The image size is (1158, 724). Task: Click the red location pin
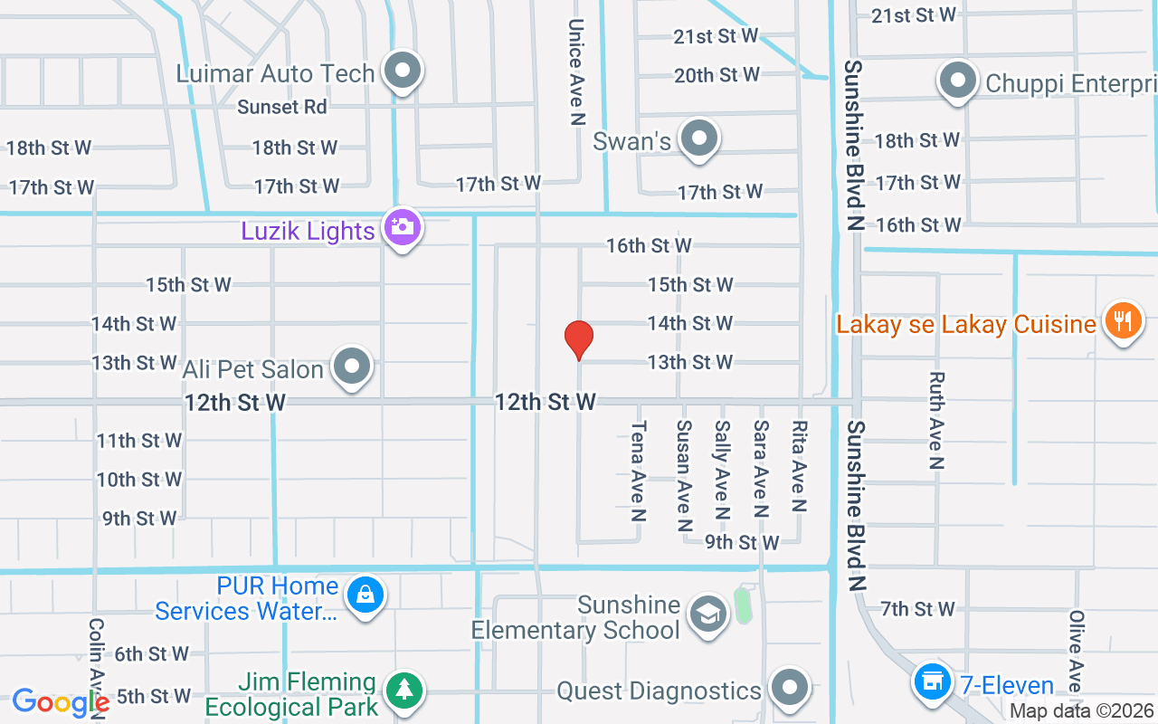click(579, 338)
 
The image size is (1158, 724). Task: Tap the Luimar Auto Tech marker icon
click(403, 71)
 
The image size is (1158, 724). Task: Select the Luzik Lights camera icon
click(403, 227)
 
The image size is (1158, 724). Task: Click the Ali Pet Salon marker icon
click(352, 367)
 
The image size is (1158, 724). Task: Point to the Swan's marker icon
click(698, 139)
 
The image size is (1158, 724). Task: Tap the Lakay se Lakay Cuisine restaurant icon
click(1123, 320)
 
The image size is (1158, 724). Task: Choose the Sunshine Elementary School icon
click(707, 614)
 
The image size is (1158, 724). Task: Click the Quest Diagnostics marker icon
click(790, 688)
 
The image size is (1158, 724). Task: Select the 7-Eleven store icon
click(931, 680)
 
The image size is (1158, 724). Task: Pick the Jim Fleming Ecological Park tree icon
click(403, 691)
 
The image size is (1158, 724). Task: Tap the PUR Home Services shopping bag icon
click(365, 595)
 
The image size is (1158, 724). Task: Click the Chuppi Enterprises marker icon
click(957, 81)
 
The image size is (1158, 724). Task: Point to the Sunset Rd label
click(281, 107)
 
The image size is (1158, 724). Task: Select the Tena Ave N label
click(639, 472)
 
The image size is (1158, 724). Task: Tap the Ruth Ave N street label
click(936, 421)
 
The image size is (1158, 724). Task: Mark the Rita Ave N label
click(799, 467)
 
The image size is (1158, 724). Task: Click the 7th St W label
click(918, 609)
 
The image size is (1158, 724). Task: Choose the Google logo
click(61, 701)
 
